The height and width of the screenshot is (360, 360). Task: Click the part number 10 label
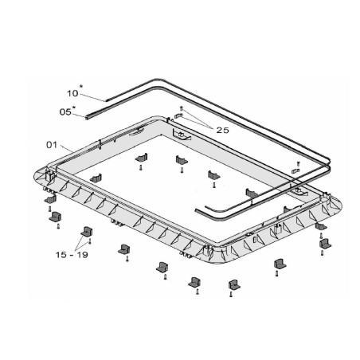pyautogui.click(x=72, y=93)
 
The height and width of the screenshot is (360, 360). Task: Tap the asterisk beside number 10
pyautogui.click(x=81, y=86)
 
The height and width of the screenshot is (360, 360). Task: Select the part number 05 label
pyautogui.click(x=65, y=112)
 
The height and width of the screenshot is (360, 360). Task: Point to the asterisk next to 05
pyautogui.click(x=74, y=108)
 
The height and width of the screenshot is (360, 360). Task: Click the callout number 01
pyautogui.click(x=52, y=145)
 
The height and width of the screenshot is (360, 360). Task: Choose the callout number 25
pyautogui.click(x=222, y=130)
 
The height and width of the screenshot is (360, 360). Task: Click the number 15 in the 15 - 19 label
pyautogui.click(x=61, y=255)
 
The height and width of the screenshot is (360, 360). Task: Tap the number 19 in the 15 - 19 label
pyautogui.click(x=82, y=255)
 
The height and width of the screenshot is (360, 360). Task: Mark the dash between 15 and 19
pyautogui.click(x=72, y=255)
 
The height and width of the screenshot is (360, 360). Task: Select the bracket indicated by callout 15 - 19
pyautogui.click(x=87, y=232)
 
